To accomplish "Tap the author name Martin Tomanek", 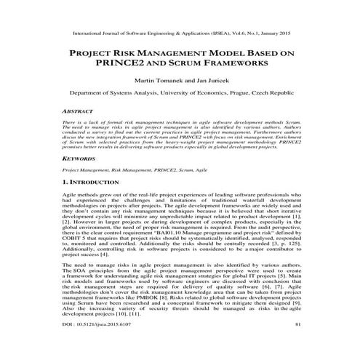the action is coord(150,81).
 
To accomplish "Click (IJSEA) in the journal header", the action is coord(218,33).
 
